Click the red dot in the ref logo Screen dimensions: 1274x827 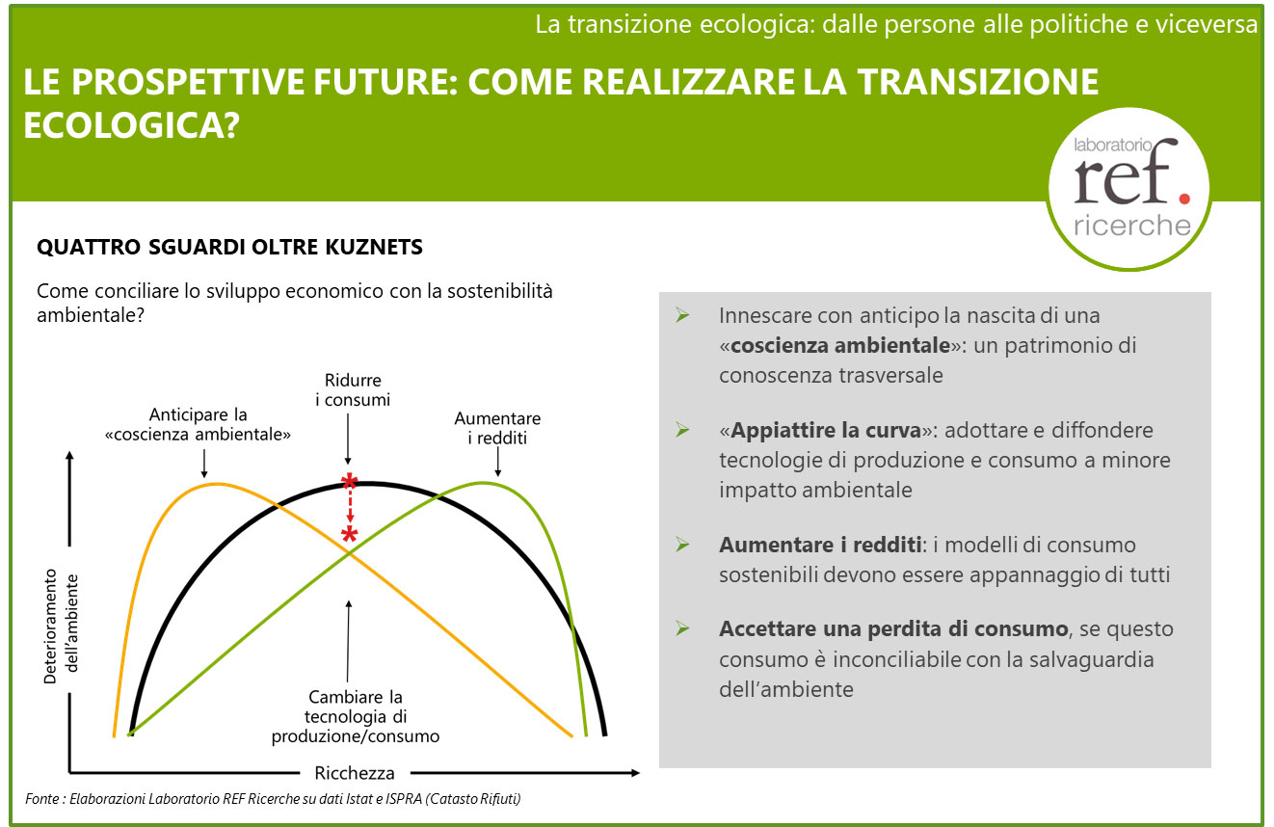click(1184, 199)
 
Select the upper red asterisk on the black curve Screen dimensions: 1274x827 click(349, 481)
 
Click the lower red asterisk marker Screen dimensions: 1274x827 click(349, 535)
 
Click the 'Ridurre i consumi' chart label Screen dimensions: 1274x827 click(353, 389)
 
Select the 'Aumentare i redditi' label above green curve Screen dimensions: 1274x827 click(497, 428)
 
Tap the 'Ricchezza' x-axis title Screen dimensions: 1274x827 click(355, 773)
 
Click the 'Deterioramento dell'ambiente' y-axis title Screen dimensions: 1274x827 click(61, 626)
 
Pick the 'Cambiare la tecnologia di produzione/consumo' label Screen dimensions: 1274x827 click(355, 716)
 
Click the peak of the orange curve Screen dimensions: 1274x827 click(216, 484)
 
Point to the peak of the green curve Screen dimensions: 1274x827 click(482, 483)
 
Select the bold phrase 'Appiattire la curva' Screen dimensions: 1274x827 click(825, 430)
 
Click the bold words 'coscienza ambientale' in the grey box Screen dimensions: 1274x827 click(840, 345)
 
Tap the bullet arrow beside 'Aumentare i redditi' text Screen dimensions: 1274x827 click(682, 545)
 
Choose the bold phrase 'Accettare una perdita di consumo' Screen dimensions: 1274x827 click(893, 629)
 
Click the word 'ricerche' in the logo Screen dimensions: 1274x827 click(1131, 226)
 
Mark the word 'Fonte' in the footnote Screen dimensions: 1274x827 click(42, 798)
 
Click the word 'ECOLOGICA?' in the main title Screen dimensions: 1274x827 click(131, 125)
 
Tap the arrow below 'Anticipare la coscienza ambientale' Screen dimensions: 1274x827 click(204, 463)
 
